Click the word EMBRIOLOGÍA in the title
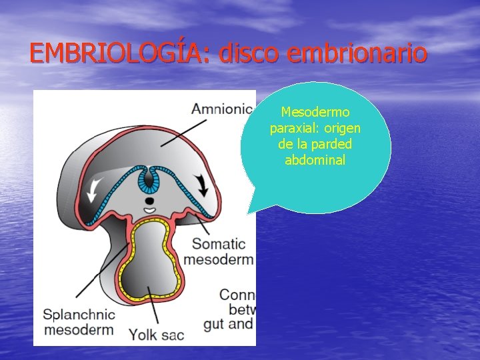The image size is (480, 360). [119, 53]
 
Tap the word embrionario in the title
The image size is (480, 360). [357, 53]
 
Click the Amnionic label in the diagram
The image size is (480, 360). [222, 108]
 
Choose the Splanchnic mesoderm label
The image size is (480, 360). [79, 321]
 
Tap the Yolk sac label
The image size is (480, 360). [156, 334]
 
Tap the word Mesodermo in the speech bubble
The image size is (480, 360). [315, 112]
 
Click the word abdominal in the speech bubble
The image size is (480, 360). [315, 160]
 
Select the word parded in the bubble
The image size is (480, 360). [335, 144]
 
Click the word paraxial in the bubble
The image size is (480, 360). [293, 128]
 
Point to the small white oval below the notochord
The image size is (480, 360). [150, 210]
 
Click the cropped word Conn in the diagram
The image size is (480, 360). [237, 295]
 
